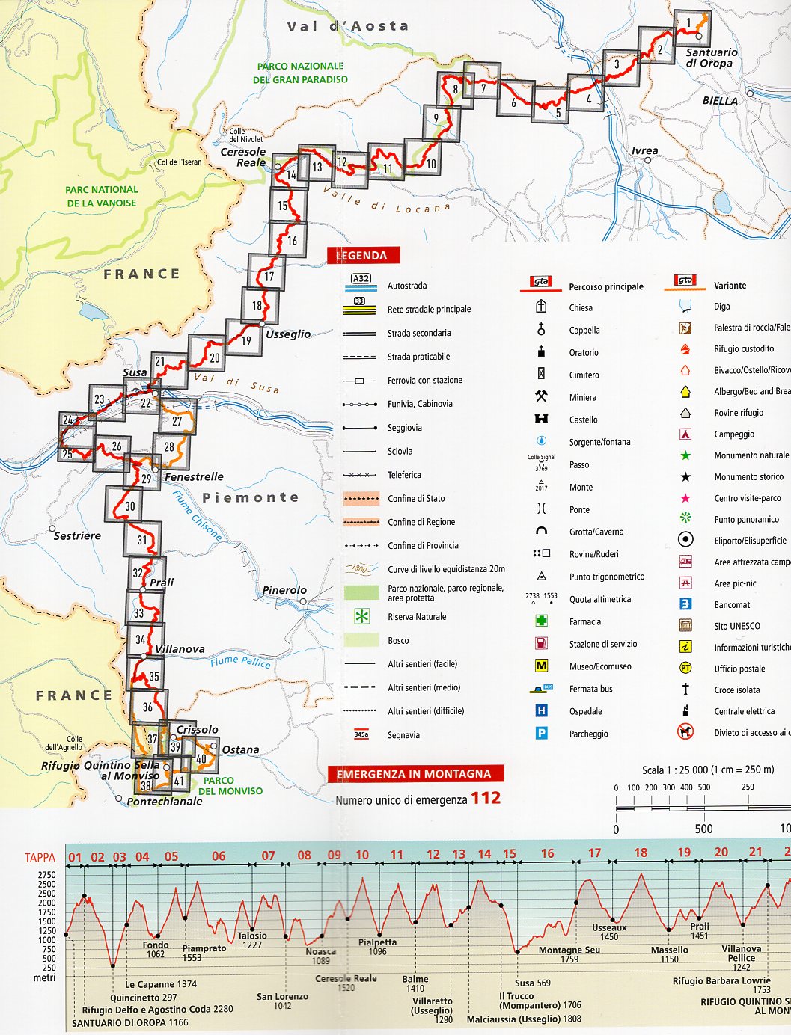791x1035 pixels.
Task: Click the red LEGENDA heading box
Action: [362, 255]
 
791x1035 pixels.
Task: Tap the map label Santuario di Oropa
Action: [711, 58]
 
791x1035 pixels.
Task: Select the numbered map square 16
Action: [290, 240]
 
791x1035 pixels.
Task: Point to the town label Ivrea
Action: [644, 150]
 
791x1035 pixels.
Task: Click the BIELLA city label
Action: [720, 101]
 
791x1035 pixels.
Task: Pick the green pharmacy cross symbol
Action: [541, 621]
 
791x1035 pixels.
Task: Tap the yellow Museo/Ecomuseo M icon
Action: [541, 666]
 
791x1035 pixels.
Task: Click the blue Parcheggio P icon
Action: [541, 734]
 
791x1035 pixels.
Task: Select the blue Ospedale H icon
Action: [541, 711]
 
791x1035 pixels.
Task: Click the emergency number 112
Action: [486, 798]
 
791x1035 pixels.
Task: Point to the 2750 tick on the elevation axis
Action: [46, 875]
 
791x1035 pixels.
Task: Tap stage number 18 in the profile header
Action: [641, 853]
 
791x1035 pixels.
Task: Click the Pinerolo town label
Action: [284, 590]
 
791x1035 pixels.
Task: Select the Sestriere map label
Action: [77, 535]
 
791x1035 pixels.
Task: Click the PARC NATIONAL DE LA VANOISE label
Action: [102, 196]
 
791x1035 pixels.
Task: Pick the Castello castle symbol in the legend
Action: [541, 419]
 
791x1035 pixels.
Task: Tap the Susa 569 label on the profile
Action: [532, 983]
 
